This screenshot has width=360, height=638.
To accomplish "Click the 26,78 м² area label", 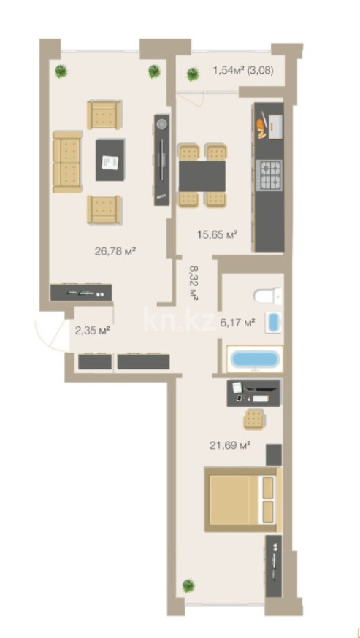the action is point(115,251).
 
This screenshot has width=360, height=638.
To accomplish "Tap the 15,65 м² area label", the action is point(218,235).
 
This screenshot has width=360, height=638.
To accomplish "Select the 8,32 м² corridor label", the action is point(194,283).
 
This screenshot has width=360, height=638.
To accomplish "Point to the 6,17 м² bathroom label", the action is point(237,323).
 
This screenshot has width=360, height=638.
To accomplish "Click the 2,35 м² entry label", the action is point(93,330).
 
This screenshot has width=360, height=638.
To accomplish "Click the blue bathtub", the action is point(255,359).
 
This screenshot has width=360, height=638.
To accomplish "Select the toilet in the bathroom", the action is point(267,296).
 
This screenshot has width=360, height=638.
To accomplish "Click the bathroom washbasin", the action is point(273,322).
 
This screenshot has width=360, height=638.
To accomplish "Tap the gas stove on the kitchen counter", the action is point(269,174).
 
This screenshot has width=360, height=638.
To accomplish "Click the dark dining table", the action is point(202,176).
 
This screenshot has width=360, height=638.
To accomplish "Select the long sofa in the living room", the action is point(68,162).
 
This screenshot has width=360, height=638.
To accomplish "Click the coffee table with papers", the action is point(110,160).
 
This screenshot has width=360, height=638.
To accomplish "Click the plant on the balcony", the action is point(193,74).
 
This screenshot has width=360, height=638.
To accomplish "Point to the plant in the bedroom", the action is point(188,585).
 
